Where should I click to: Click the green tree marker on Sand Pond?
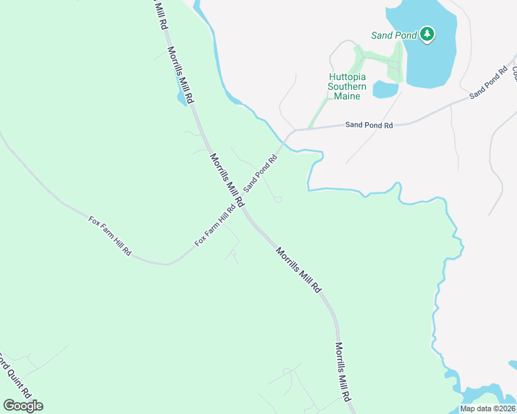click(x=427, y=34)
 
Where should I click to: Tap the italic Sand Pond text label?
click(x=393, y=35)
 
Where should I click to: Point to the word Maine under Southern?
click(x=347, y=96)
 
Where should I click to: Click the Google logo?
click(x=23, y=405)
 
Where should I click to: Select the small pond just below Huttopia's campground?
click(x=384, y=89)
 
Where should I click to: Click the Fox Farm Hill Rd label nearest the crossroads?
click(x=216, y=226)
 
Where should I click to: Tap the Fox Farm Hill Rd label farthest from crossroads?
click(x=111, y=236)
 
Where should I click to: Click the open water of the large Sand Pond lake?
click(x=432, y=62)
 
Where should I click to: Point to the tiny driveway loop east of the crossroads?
click(x=278, y=200)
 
